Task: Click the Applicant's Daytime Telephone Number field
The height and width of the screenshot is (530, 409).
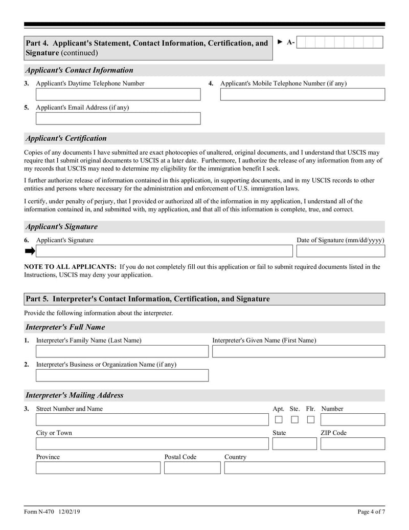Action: (118, 95)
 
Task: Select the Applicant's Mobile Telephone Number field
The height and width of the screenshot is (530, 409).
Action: (302, 95)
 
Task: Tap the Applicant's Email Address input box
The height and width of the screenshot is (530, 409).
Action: (118, 119)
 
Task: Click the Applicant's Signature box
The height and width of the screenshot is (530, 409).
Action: (164, 251)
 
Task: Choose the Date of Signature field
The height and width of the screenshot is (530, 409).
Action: (340, 251)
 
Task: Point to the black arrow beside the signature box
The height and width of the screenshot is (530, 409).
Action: (30, 251)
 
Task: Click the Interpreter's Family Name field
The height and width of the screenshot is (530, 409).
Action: (122, 351)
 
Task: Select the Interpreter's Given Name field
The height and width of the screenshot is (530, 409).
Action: (298, 351)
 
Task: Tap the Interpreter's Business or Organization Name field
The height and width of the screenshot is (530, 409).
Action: (122, 375)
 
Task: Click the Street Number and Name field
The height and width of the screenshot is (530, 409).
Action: (152, 420)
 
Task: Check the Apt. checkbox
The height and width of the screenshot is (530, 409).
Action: (279, 420)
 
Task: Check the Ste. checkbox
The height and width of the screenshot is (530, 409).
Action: (295, 420)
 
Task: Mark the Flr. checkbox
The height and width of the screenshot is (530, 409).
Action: (311, 420)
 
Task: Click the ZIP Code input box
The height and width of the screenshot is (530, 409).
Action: (352, 444)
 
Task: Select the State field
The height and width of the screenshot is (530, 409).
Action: (294, 444)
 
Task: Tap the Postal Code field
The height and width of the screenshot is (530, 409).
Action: (192, 468)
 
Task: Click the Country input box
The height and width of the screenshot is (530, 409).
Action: (304, 468)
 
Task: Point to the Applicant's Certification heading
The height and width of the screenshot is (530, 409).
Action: (66, 138)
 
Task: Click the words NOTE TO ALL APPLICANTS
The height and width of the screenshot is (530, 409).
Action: (70, 267)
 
